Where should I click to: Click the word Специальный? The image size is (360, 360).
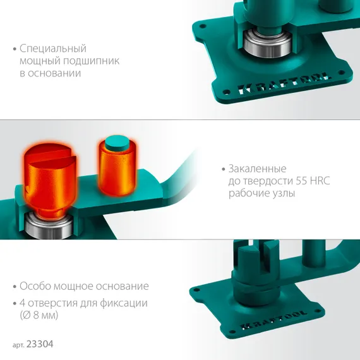point(53,49)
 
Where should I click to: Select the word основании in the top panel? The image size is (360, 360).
point(54,73)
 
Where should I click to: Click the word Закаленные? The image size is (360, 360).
point(258,169)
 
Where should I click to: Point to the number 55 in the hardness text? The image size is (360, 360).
point(301,181)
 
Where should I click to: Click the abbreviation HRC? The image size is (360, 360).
point(320,181)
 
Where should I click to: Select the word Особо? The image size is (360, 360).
point(35,286)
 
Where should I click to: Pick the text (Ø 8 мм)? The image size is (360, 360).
point(39,315)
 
